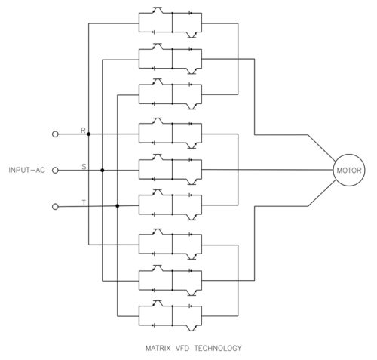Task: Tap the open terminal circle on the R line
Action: point(55,134)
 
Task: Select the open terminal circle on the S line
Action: point(55,171)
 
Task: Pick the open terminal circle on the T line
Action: point(55,207)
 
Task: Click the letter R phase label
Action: point(83,131)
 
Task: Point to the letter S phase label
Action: point(84,166)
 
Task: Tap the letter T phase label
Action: point(84,202)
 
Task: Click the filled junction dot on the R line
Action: point(89,134)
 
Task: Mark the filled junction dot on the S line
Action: point(103,171)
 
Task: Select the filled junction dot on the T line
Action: point(118,206)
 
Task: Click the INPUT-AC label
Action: point(27,170)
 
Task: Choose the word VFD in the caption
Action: point(182,348)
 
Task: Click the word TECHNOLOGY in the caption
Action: point(218,348)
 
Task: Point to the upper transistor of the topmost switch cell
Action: point(158,10)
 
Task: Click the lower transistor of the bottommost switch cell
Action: point(192,328)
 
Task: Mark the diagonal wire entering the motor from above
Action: point(322,148)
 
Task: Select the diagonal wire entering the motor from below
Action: point(322,193)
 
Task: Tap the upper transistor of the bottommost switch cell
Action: point(158,303)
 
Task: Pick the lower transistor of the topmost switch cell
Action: point(192,35)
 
